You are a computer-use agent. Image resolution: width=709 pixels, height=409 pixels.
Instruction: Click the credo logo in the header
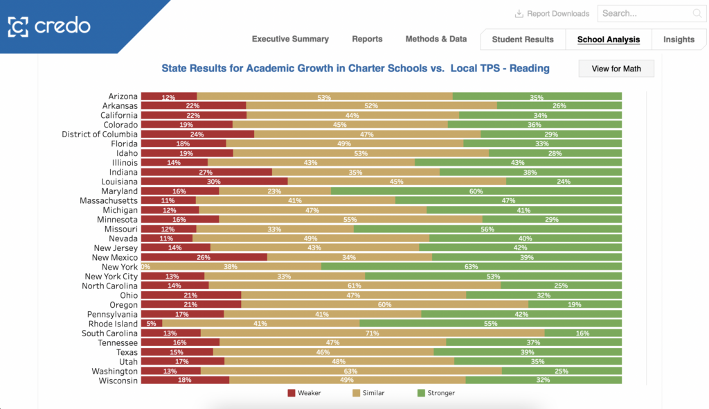pos(49,26)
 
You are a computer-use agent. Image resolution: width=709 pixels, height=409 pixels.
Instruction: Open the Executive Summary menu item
pos(290,39)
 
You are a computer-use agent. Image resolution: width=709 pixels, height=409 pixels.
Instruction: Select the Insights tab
pos(679,40)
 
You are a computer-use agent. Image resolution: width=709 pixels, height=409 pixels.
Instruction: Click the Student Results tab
pos(523,40)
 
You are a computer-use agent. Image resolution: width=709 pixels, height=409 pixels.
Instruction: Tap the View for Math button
pos(616,69)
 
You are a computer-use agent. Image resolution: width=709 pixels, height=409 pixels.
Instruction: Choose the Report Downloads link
pos(552,14)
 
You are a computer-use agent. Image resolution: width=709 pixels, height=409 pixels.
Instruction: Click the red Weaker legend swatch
pos(291,393)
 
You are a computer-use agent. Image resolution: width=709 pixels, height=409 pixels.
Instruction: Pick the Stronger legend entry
pos(436,393)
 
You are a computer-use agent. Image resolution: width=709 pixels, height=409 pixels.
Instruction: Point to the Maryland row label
pos(119,191)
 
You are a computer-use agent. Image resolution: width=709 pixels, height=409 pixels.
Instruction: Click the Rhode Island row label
pos(114,324)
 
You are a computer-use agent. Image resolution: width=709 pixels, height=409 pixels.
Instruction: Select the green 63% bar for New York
pos(472,267)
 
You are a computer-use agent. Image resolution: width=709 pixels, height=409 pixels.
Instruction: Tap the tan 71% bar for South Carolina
pos(373,333)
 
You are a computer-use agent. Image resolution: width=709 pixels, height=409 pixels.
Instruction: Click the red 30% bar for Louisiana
pos(215,182)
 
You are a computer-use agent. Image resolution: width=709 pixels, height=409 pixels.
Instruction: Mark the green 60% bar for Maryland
pos(476,191)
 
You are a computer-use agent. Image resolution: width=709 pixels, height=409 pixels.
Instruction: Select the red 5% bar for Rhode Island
pos(152,324)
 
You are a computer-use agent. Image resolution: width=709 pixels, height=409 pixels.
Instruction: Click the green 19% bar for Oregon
pos(575,305)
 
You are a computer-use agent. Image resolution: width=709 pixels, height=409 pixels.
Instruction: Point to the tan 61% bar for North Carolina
pos(354,286)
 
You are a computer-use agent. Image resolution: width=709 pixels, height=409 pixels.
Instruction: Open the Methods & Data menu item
pos(436,39)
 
